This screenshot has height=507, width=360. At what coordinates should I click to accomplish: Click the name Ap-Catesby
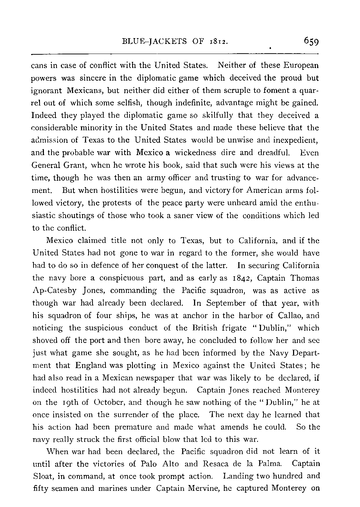pyautogui.click(x=62, y=291)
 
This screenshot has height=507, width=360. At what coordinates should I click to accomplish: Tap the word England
pyautogui.click(x=91, y=365)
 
